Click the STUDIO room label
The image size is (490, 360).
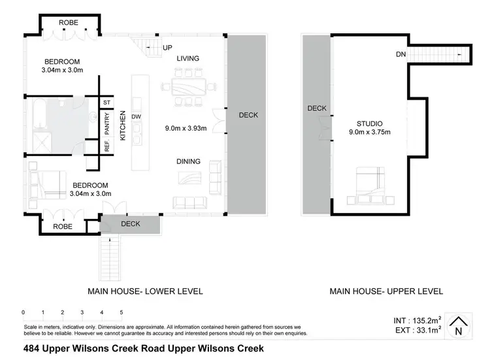point(369,123)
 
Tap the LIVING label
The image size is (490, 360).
point(188,59)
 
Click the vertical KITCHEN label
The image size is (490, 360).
point(122,125)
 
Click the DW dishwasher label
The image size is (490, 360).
point(137,118)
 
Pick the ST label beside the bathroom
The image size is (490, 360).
point(106,103)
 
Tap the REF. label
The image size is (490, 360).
point(107,147)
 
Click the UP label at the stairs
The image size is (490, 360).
point(168,48)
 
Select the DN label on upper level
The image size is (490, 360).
point(400,55)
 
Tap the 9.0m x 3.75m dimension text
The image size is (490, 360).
point(369,133)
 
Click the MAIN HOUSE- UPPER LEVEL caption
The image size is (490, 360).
point(386,291)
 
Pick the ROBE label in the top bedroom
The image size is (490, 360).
point(69,22)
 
